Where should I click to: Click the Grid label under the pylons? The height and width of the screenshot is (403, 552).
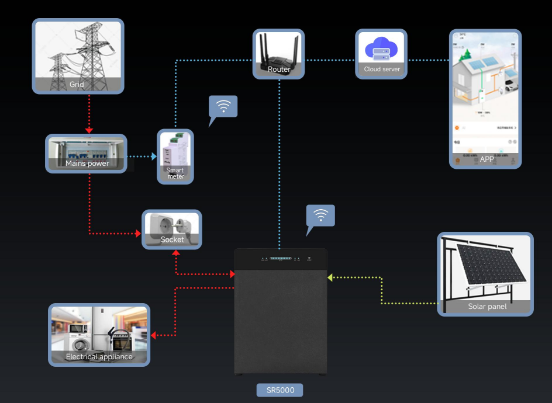[x=77, y=85]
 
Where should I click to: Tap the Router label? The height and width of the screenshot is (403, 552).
[x=279, y=70]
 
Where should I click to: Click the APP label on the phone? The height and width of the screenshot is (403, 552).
[x=487, y=159]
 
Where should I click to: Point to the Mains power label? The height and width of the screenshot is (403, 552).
[x=87, y=164]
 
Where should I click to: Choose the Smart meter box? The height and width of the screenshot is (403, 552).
[x=175, y=157]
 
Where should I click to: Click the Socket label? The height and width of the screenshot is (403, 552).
[x=172, y=239]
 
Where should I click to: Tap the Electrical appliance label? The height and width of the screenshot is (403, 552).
[x=99, y=357]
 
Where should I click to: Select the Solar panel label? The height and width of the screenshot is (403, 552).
[x=487, y=307]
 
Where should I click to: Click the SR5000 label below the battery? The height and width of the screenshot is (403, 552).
[x=280, y=390]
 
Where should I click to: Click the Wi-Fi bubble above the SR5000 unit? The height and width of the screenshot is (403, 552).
[x=320, y=216]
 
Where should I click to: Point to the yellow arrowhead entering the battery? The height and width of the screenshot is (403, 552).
[x=330, y=277]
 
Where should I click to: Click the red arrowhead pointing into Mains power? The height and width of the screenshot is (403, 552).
[x=89, y=130]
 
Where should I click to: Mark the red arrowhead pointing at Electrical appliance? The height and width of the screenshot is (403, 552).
[x=154, y=335]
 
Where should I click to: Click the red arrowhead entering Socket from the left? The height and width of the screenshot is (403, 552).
[x=139, y=234]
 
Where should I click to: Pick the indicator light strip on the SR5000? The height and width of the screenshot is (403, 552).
[x=280, y=258]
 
